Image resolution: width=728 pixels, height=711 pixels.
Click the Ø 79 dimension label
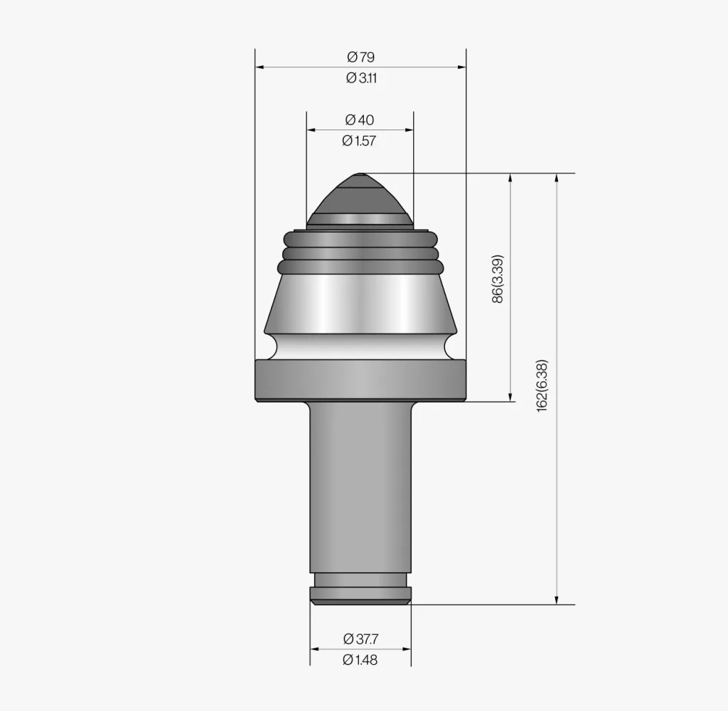[360, 57]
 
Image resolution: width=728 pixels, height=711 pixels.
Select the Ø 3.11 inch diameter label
[361, 78]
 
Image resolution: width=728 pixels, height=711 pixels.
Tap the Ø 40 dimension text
[360, 120]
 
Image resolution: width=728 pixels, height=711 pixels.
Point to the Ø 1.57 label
[359, 141]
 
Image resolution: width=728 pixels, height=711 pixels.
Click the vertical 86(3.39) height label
[497, 279]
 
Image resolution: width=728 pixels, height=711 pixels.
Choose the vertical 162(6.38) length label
[542, 385]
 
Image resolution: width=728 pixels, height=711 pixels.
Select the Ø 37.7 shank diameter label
[360, 639]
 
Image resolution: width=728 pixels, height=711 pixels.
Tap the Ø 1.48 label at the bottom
[360, 659]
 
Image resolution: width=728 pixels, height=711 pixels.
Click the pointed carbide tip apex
[360, 175]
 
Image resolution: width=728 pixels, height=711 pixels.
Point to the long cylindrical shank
[360, 487]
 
